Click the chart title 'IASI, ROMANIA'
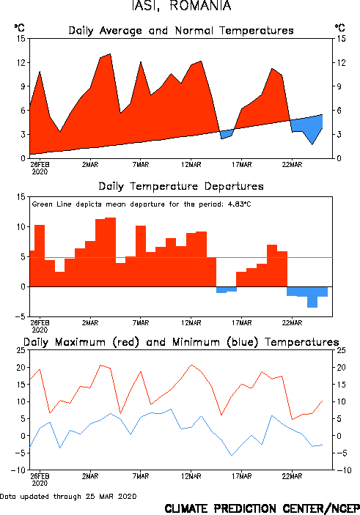pos(182,6)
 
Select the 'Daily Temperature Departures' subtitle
pos(181,186)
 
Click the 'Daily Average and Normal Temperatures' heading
pos(181,31)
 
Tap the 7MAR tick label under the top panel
pos(141,165)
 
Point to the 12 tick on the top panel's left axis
pos(21,62)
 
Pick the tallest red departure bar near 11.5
pos(111,252)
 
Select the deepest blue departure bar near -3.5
pos(312,297)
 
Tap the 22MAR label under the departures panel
pos(292,323)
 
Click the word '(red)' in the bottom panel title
pos(126,342)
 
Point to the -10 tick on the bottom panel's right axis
pos(344,470)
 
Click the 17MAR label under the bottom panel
pos(242,476)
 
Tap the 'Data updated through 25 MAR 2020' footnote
pos(68,496)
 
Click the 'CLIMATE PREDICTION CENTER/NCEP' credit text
pos(262,508)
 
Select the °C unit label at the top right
pos(340,28)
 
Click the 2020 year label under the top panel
pos(40,171)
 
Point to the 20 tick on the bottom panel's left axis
pos(21,368)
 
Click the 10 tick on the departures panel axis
pos(21,226)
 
